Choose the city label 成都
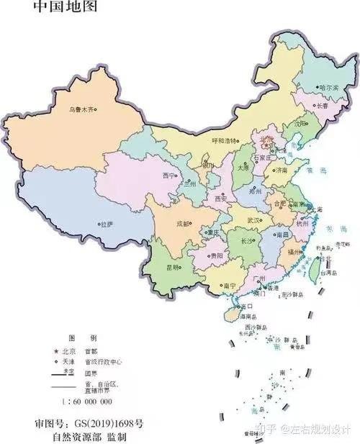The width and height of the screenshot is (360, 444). click(x=182, y=223)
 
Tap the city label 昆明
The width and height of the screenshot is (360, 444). click(x=174, y=267)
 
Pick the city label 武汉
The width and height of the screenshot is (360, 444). click(x=253, y=219)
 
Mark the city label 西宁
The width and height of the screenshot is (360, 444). click(x=169, y=175)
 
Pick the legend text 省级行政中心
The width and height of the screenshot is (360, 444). click(x=102, y=362)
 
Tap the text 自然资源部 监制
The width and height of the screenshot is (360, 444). click(x=91, y=435)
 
